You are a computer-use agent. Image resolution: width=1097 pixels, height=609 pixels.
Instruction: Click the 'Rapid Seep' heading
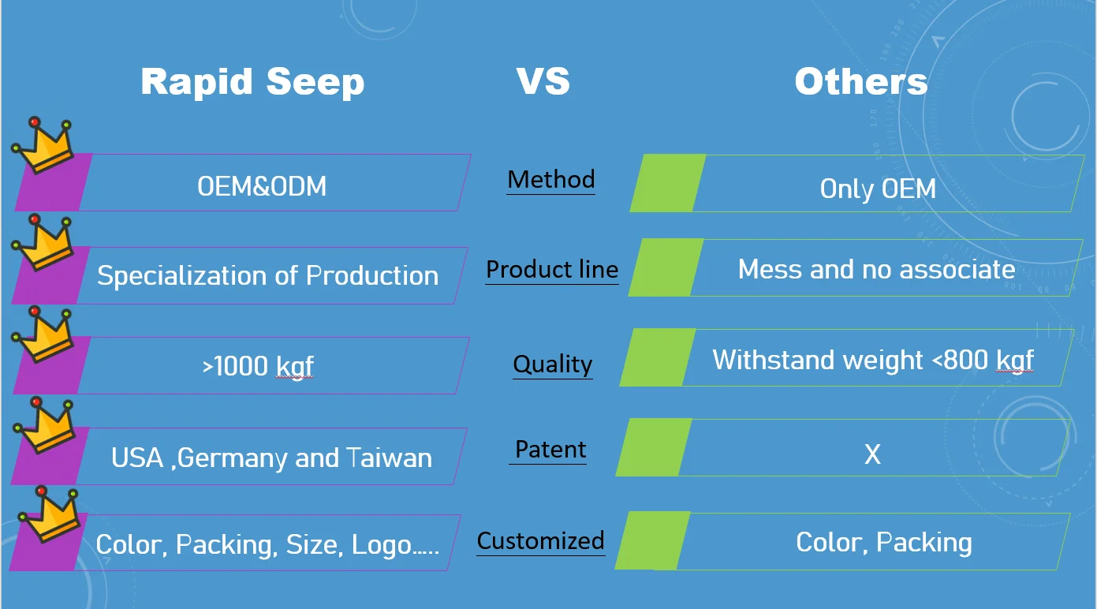(252, 82)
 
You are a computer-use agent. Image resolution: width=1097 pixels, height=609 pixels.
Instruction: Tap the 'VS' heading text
(543, 80)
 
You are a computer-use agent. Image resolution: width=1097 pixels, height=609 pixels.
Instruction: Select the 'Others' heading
(861, 80)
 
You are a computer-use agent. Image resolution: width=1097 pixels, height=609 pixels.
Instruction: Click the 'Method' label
(551, 179)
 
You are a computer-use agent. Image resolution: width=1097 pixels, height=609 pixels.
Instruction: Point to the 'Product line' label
(552, 270)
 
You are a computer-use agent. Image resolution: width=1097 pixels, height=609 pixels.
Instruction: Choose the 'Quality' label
(552, 364)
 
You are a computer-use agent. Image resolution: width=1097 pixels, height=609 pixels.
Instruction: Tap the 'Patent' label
(550, 450)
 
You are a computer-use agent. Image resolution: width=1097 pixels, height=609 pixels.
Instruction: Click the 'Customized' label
(541, 541)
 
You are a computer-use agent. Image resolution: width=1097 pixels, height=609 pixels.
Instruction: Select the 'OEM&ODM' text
(262, 186)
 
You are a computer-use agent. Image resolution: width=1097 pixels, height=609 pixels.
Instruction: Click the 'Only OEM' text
(878, 189)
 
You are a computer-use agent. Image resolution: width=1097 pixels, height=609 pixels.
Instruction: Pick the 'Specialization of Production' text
(267, 275)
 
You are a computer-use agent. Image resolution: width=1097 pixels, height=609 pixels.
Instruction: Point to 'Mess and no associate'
(877, 270)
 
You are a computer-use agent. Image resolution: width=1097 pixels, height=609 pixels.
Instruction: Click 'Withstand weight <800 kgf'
(873, 361)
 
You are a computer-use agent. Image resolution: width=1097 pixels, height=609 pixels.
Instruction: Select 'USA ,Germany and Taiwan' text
(271, 458)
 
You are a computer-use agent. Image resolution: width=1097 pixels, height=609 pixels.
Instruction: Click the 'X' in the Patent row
(872, 454)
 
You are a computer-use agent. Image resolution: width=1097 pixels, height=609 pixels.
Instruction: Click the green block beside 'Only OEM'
(668, 183)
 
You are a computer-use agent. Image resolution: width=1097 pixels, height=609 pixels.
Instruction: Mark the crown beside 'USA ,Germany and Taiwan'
(45, 425)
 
